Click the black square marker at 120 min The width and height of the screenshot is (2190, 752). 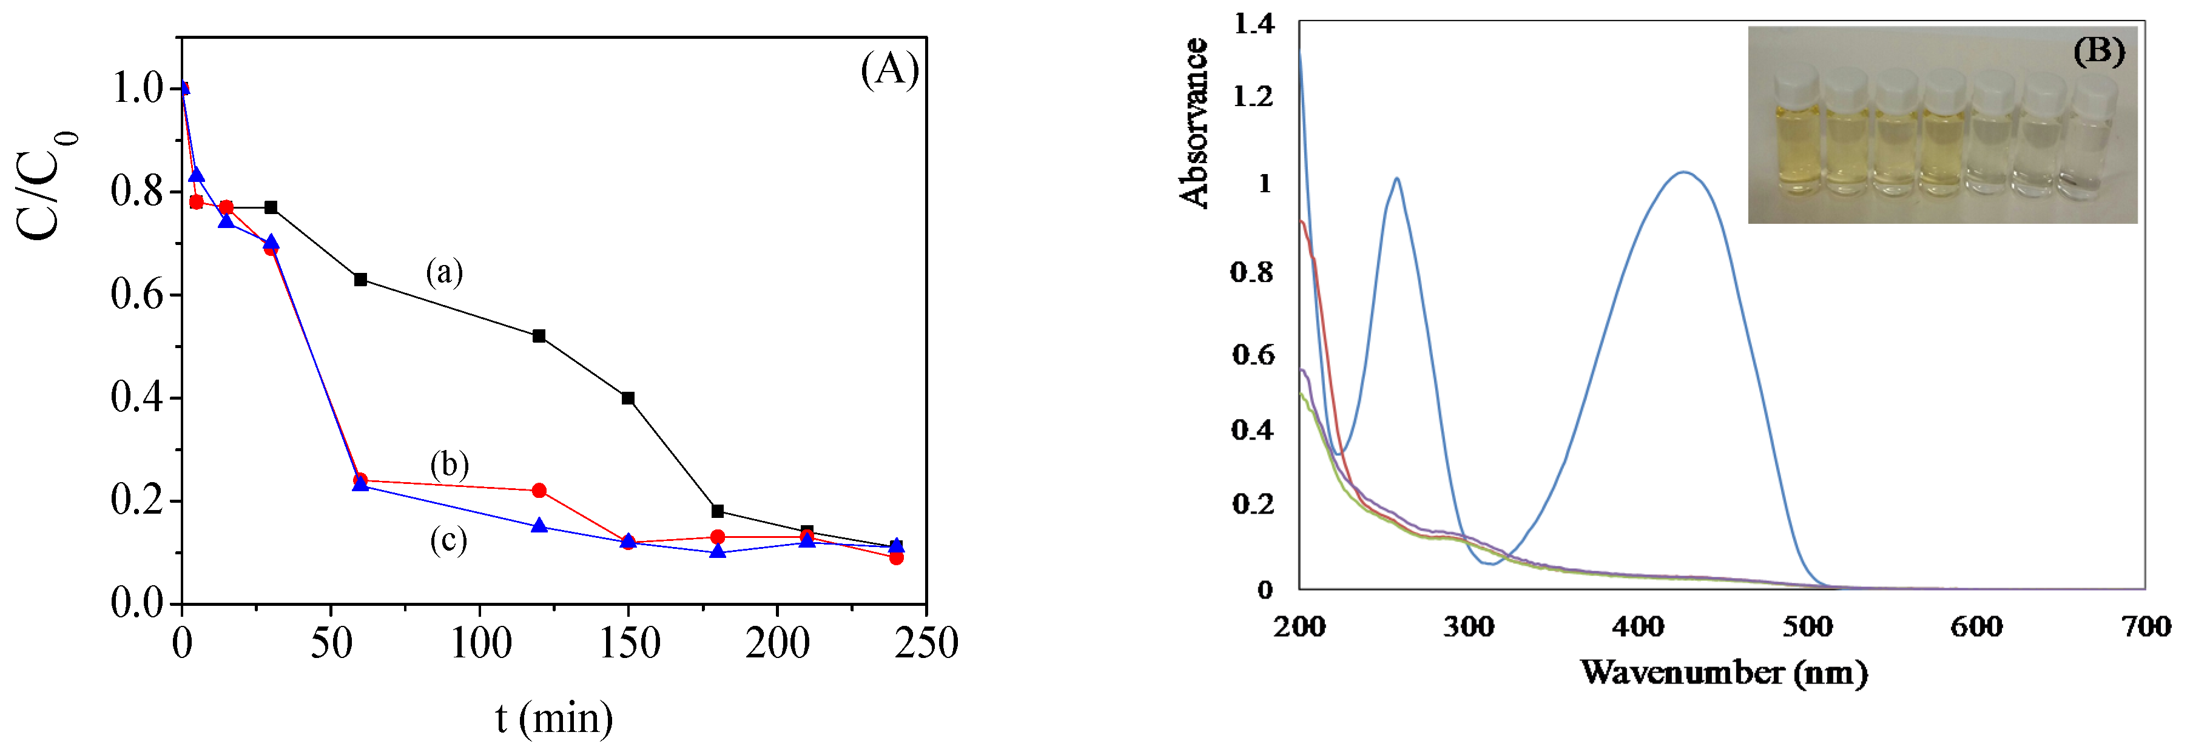pos(538,335)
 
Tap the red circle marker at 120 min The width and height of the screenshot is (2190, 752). pos(538,490)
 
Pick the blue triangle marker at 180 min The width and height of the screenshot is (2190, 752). pos(718,551)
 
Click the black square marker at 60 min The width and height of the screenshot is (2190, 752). pos(360,280)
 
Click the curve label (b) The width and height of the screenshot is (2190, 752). pos(449,465)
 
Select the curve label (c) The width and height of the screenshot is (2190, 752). pos(448,540)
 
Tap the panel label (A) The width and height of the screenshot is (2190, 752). pos(889,68)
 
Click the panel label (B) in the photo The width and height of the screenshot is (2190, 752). pos(2098,51)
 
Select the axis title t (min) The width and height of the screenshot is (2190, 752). pos(554,718)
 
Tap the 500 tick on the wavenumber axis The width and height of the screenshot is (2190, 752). pos(1807,627)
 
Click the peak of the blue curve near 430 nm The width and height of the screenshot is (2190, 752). pos(1682,172)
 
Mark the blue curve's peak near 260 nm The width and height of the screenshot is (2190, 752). pos(1397,178)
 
